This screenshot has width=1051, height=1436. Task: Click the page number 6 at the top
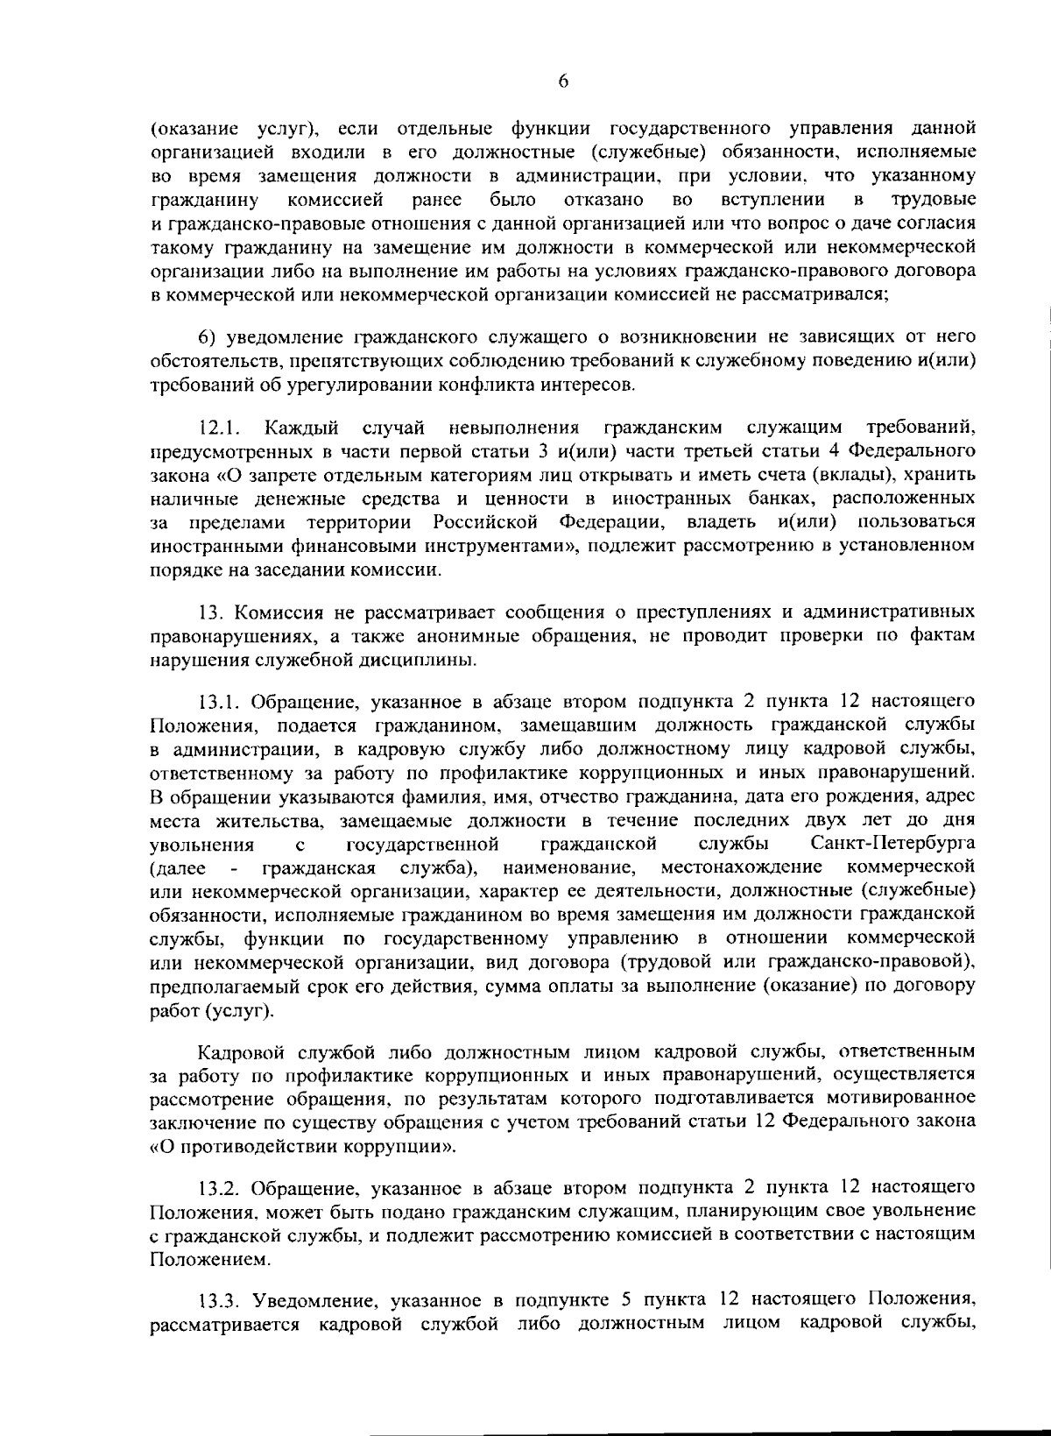(563, 81)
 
